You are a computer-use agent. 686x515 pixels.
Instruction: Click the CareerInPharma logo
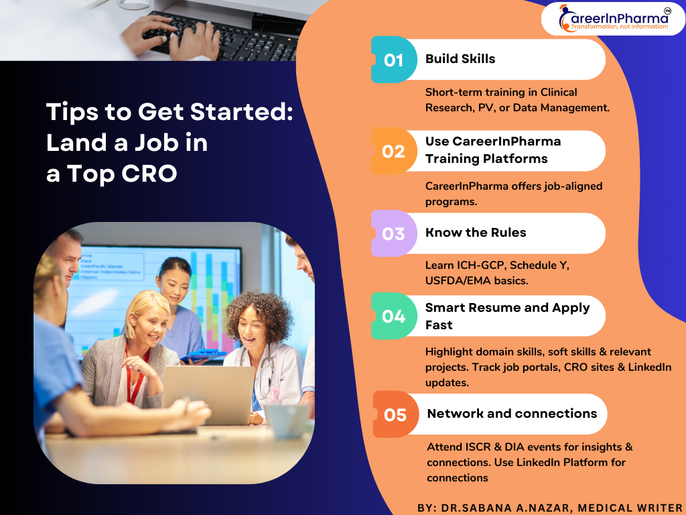pos(613,19)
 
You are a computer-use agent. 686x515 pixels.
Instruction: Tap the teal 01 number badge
pos(394,60)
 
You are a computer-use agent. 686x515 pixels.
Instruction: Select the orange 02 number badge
pos(394,151)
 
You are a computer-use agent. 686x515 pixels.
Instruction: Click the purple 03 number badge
pos(394,233)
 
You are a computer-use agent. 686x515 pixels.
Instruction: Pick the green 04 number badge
pos(394,316)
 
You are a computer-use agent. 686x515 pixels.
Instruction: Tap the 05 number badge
pos(395,414)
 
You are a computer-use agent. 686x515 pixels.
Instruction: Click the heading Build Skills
pos(460,59)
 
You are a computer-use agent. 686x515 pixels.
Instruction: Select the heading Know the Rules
pos(476,233)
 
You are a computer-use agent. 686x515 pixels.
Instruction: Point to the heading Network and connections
pos(512,413)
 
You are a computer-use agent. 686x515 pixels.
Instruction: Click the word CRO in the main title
pos(149,174)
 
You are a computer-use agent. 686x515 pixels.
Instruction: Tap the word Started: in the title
pos(242,112)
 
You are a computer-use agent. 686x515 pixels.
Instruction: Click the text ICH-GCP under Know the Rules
pos(481,266)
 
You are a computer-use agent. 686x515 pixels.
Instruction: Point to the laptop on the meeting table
pos(208,394)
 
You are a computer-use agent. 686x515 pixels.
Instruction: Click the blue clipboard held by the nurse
pos(204,355)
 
